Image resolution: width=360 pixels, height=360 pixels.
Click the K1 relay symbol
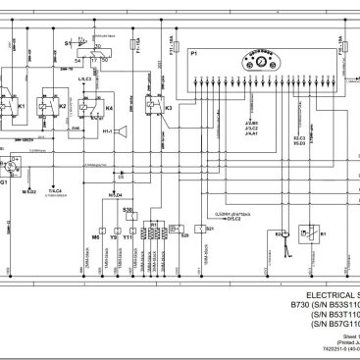pos(19,103)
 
